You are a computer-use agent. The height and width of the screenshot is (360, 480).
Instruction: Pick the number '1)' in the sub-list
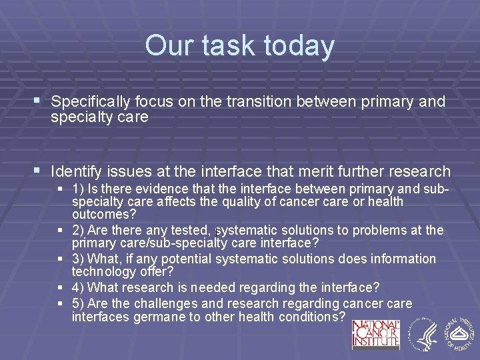coord(79,189)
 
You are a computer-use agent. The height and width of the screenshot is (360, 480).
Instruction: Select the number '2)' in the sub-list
coord(79,230)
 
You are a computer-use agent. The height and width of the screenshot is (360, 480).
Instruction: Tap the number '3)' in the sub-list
coord(79,259)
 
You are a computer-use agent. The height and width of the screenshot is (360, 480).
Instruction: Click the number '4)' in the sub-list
coord(79,287)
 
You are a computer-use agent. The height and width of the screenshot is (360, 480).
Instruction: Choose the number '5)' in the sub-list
coord(79,303)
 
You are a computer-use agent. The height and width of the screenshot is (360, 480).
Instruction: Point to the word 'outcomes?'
coord(103,214)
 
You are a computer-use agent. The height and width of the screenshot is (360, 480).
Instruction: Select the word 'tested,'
coord(191,230)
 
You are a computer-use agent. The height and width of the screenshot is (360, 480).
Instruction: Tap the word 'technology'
coord(104,271)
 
